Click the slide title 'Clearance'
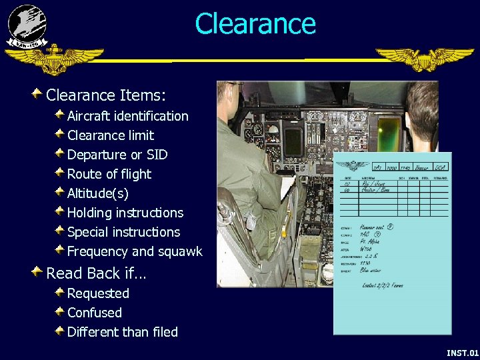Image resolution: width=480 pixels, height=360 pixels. (x=255, y=24)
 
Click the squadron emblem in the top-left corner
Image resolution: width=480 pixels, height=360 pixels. (x=27, y=25)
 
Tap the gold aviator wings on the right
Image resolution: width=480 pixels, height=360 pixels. (x=424, y=59)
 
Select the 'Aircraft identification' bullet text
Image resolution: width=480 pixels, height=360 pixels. (x=127, y=116)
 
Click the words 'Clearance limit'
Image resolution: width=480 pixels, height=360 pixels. (x=110, y=135)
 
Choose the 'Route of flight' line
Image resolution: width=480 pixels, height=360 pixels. (x=109, y=174)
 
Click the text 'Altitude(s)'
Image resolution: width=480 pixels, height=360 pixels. (x=98, y=193)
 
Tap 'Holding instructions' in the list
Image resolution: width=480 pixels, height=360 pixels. (x=125, y=213)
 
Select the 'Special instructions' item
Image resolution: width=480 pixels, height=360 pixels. (x=123, y=232)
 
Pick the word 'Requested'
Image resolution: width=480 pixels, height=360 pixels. (x=98, y=293)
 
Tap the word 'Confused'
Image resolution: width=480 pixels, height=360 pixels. (x=94, y=313)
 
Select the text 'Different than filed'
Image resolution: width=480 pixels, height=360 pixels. (x=122, y=332)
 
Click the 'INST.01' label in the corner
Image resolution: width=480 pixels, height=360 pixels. (x=462, y=352)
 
